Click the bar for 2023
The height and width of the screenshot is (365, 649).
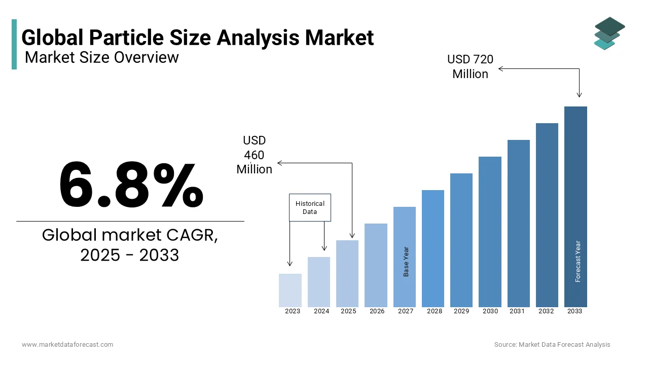pyautogui.click(x=290, y=290)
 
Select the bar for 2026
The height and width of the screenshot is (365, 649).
pyautogui.click(x=376, y=265)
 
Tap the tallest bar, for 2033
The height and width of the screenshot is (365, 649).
pyautogui.click(x=575, y=206)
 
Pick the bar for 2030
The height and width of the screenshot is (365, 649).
pyautogui.click(x=490, y=232)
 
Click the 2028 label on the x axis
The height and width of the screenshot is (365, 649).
pyautogui.click(x=435, y=311)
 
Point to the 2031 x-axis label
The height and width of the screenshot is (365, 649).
pyautogui.click(x=517, y=311)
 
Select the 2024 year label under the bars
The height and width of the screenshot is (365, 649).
pyautogui.click(x=321, y=311)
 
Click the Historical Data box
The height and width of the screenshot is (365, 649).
pyautogui.click(x=310, y=207)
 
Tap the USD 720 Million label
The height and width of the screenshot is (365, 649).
pyautogui.click(x=470, y=66)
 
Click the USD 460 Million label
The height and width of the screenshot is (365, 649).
pyautogui.click(x=255, y=155)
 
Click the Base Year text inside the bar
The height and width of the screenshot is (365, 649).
pyautogui.click(x=406, y=262)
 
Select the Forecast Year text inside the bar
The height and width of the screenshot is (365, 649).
pyautogui.click(x=578, y=261)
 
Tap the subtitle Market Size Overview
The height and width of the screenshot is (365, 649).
pyautogui.click(x=101, y=57)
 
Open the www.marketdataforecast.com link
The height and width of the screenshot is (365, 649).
pyautogui.click(x=67, y=344)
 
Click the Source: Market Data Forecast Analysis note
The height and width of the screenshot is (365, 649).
pyautogui.click(x=552, y=344)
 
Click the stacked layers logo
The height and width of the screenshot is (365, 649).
pyautogui.click(x=609, y=33)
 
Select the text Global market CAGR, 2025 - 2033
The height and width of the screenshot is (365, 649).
pyautogui.click(x=130, y=245)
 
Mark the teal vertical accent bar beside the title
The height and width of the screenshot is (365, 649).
pyautogui.click(x=14, y=44)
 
